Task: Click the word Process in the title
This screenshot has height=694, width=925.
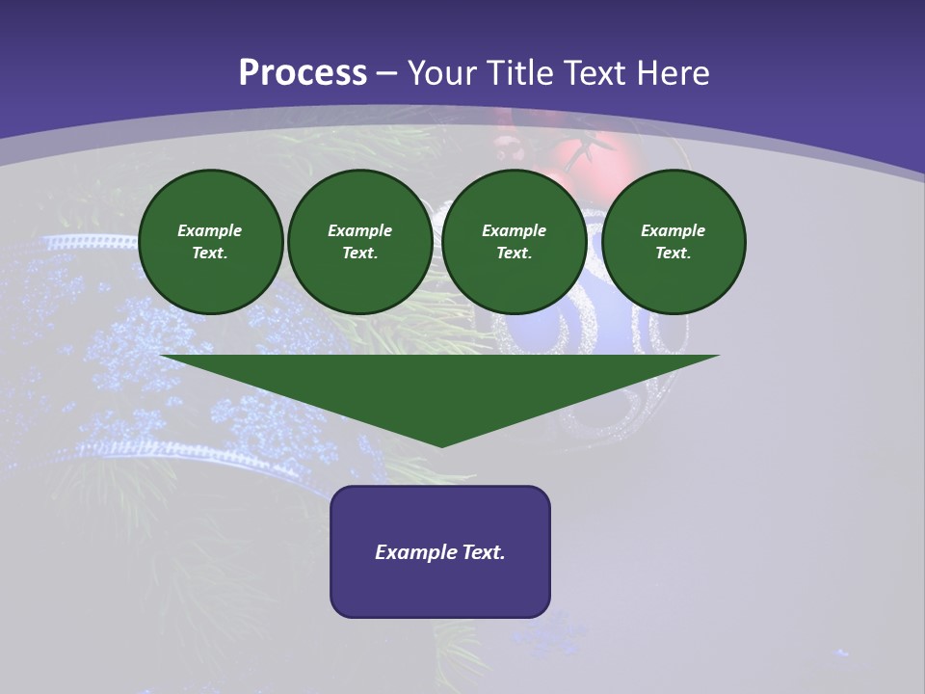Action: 303,73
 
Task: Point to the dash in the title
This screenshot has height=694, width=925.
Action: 387,74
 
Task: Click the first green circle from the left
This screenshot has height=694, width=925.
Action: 210,242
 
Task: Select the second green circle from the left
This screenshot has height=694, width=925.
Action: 360,242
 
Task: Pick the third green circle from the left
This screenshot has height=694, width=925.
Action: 515,242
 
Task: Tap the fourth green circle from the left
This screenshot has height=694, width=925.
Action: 674,242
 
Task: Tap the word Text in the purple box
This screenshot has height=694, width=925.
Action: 484,552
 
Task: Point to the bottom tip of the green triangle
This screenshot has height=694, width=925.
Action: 441,445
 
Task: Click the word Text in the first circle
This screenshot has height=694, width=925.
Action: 209,253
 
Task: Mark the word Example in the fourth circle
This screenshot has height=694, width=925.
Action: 674,230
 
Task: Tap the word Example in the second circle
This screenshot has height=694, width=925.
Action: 360,230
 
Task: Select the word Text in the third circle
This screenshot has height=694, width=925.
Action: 514,253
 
